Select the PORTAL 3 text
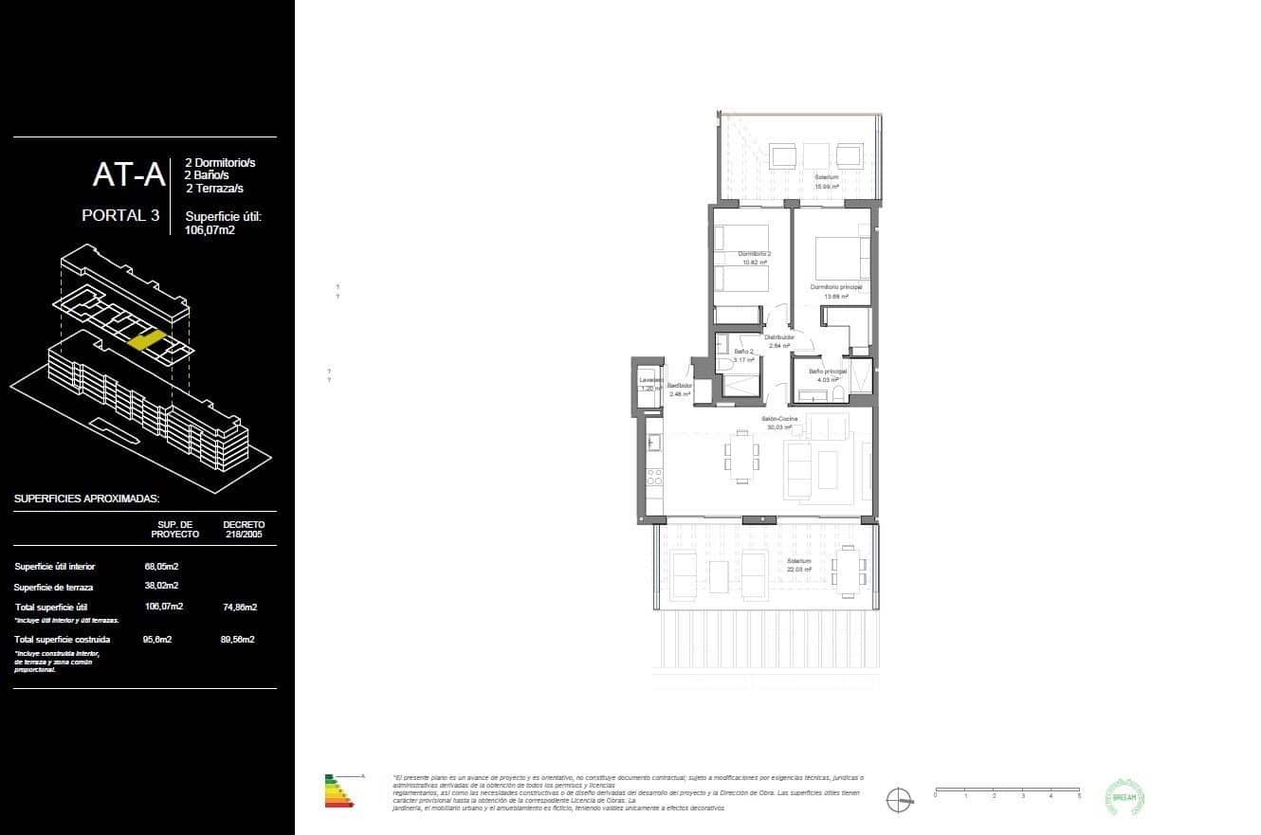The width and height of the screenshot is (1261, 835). pyautogui.click(x=119, y=215)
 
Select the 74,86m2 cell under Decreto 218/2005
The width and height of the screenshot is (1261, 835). pyautogui.click(x=242, y=607)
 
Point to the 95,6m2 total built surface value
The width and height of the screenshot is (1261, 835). pyautogui.click(x=156, y=640)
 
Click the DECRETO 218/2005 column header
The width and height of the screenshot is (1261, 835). pyautogui.click(x=244, y=529)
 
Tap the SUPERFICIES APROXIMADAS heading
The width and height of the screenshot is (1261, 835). pyautogui.click(x=86, y=499)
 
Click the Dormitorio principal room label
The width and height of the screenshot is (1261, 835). pyautogui.click(x=835, y=286)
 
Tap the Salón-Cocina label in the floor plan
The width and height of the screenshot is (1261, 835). pyautogui.click(x=778, y=418)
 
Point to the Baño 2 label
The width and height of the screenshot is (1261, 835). pyautogui.click(x=743, y=352)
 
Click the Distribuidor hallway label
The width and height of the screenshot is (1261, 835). pyautogui.click(x=779, y=337)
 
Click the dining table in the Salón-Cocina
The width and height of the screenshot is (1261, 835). pyautogui.click(x=741, y=457)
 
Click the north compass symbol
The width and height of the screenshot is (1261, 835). pyautogui.click(x=899, y=800)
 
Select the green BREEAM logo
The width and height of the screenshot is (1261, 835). pyautogui.click(x=1126, y=797)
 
